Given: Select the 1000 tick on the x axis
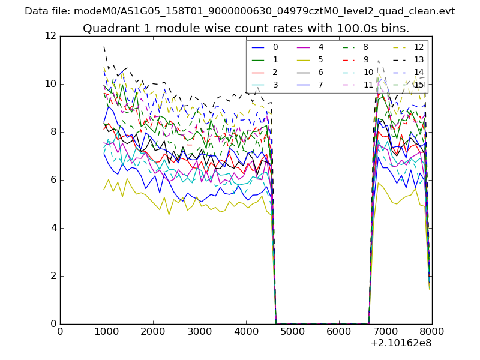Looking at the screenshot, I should [x=106, y=331].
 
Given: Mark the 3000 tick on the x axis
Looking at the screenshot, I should [x=199, y=331].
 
